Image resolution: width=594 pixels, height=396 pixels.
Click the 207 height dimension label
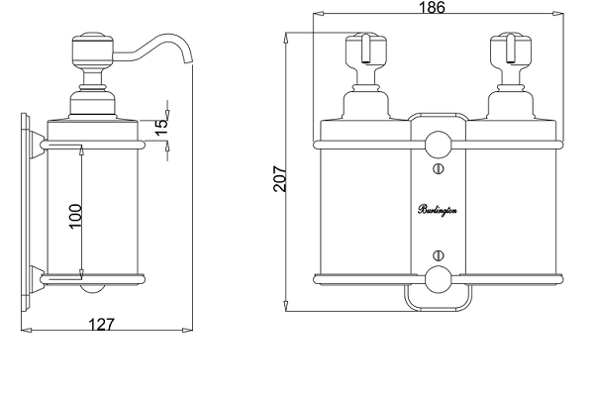(x=279, y=178)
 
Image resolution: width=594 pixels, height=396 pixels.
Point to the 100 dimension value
(x=76, y=215)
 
